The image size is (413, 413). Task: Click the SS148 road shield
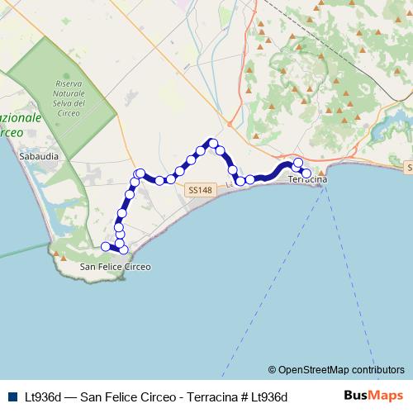tap(200, 190)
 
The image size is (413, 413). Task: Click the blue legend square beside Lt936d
tap(12, 396)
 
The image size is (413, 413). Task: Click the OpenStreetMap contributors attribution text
tap(335, 370)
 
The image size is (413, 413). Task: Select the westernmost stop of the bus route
tap(105, 246)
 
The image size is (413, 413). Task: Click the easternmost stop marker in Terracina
tap(306, 173)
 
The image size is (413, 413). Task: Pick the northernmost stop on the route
tap(212, 143)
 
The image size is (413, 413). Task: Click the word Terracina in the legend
tap(204, 396)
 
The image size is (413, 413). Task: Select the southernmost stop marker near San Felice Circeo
tap(123, 249)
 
